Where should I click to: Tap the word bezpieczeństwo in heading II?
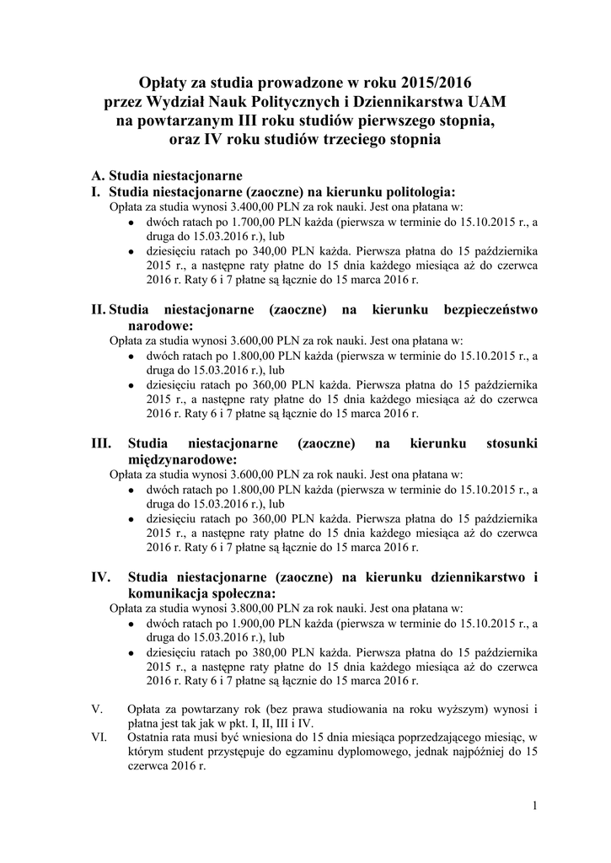[x=490, y=310]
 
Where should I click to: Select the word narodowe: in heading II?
[x=160, y=325]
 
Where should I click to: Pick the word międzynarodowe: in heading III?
[x=182, y=458]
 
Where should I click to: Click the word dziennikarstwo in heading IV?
[x=477, y=577]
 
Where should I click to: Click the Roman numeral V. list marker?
[x=97, y=709]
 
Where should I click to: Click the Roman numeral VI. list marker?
[x=99, y=737]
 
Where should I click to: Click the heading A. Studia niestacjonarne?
[x=167, y=176]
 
